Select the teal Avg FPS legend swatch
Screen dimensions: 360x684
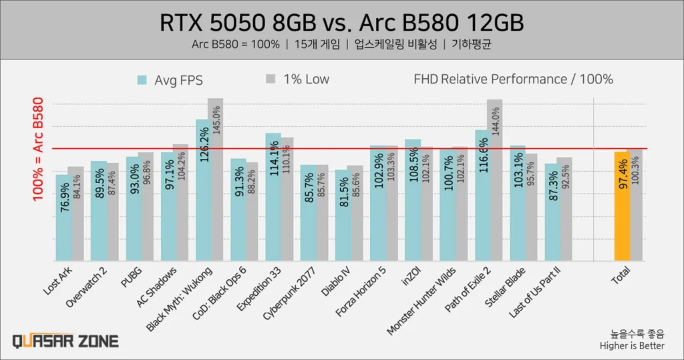point(142,80)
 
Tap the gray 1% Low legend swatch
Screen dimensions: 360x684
point(271,79)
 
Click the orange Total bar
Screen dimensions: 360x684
point(622,207)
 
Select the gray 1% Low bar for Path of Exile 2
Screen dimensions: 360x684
point(494,180)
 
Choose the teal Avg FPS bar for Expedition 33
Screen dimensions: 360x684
point(273,197)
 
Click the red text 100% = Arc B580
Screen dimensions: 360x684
point(38,150)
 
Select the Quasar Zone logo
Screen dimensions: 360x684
point(65,341)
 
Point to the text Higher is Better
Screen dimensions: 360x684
point(632,345)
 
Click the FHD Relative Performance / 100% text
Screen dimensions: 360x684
point(513,79)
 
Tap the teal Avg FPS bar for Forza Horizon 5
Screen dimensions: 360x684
point(377,203)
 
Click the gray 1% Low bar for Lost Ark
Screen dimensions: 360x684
point(76,214)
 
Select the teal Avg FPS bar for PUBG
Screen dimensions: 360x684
point(133,209)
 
